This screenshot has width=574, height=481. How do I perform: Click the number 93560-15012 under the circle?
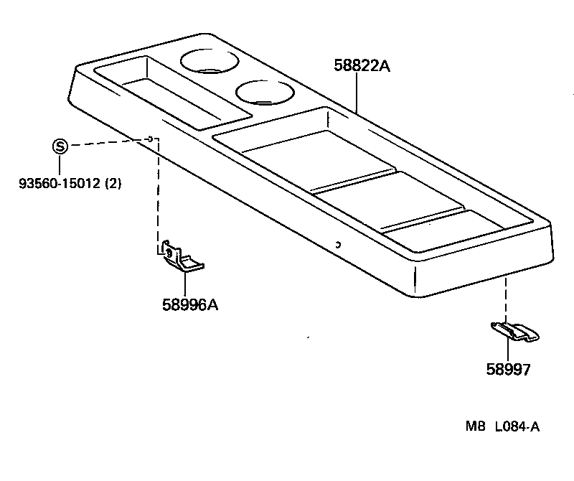(x=60, y=183)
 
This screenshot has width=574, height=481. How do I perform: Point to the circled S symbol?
(x=60, y=147)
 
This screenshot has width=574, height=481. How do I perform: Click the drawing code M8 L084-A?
(x=502, y=426)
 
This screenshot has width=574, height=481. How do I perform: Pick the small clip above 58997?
(x=514, y=331)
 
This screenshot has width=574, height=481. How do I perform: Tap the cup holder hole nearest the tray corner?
(x=210, y=60)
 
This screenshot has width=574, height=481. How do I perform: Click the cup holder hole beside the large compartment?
(x=264, y=93)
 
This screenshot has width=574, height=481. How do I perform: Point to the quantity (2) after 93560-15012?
(x=113, y=183)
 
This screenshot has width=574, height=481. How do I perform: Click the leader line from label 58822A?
(x=357, y=93)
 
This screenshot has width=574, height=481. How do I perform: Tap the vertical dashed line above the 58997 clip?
(x=507, y=298)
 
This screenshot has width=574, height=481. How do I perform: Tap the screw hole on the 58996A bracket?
(x=169, y=252)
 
